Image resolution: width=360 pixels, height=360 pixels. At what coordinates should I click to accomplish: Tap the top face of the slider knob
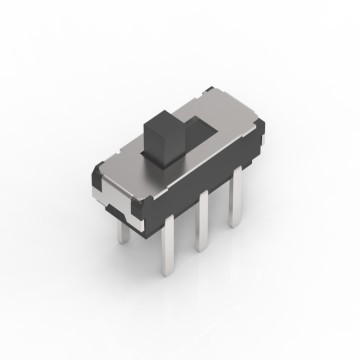click(x=164, y=118)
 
